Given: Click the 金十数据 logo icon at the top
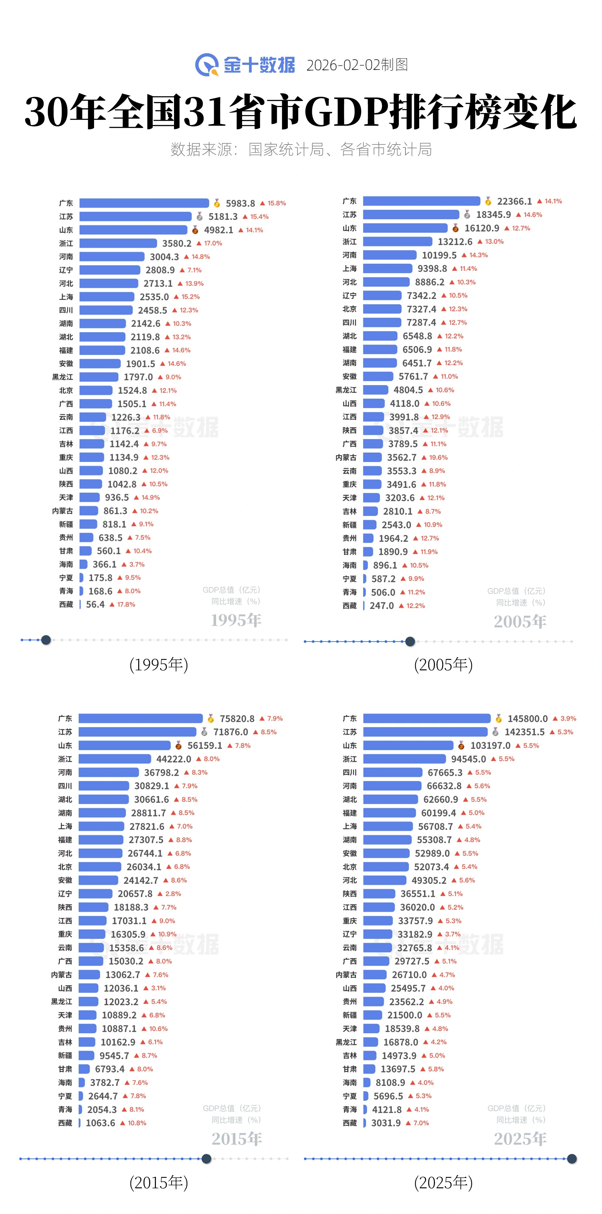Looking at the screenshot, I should pyautogui.click(x=207, y=65).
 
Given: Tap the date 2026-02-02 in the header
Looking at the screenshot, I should pyautogui.click(x=343, y=65).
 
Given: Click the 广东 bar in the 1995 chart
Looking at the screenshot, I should pyautogui.click(x=144, y=203).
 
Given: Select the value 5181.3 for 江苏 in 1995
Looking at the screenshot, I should pyautogui.click(x=223, y=217).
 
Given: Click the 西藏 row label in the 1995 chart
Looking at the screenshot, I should pyautogui.click(x=66, y=604).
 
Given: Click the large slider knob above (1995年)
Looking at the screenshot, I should pyautogui.click(x=46, y=640).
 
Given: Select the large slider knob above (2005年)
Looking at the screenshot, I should pyautogui.click(x=410, y=641).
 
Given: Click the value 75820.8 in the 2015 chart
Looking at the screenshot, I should pyautogui.click(x=237, y=719).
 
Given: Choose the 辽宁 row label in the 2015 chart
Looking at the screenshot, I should pyautogui.click(x=65, y=894).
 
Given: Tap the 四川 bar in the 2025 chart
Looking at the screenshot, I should pyautogui.click(x=393, y=773).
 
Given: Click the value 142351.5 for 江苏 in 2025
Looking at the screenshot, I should pyautogui.click(x=524, y=732).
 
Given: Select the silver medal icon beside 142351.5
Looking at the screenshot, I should pyautogui.click(x=495, y=732).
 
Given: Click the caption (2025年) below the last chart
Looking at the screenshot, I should pyautogui.click(x=443, y=1182).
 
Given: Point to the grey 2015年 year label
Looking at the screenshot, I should pyautogui.click(x=237, y=1139).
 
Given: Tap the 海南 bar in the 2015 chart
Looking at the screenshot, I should pyautogui.click(x=82, y=1083).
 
